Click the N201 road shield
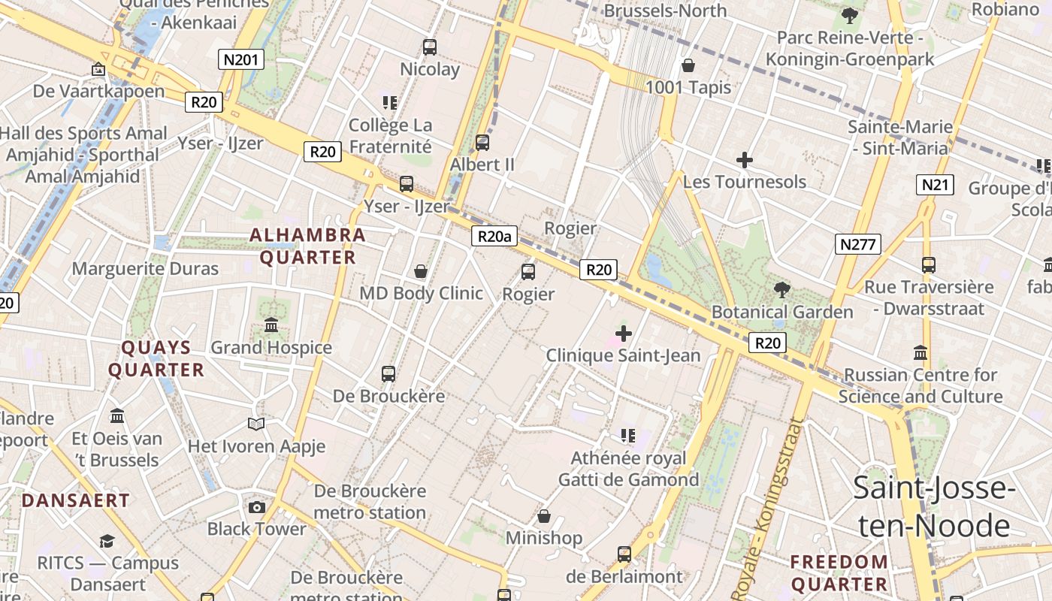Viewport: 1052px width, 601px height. pos(241,59)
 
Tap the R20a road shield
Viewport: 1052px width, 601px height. pos(496,237)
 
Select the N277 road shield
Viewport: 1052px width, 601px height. pos(857,243)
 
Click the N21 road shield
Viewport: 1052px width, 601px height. pos(935,184)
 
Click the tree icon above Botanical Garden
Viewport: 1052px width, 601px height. pos(782,289)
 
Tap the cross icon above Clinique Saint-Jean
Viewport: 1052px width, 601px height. pos(623,333)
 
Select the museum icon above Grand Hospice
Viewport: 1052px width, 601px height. pos(271,325)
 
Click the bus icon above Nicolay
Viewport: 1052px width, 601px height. pos(430,47)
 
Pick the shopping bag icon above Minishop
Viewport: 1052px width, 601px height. pos(544,516)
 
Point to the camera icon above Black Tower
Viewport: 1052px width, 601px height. pos(257,507)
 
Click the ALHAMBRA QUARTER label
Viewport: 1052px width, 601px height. pos(308,246)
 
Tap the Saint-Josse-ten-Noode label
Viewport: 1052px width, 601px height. pos(934,507)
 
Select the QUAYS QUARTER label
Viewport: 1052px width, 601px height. pos(156,358)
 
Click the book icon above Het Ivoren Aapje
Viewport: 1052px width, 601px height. pos(256,424)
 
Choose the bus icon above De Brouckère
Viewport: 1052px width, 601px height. pos(388,373)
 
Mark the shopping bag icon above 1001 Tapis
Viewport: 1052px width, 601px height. pos(688,65)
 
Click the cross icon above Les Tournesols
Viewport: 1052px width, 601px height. pos(745,160)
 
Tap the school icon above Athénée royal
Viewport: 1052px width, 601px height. pos(628,436)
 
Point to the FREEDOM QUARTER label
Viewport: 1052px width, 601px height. pos(839,572)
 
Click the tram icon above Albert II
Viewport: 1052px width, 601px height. pos(482,142)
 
